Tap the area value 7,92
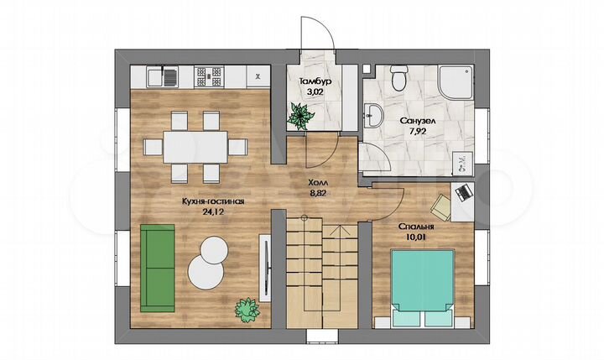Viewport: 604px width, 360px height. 418,132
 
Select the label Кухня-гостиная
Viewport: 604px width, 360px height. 213,201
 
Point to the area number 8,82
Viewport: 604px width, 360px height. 318,194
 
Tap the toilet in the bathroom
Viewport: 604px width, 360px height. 398,77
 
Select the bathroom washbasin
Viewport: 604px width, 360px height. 372,115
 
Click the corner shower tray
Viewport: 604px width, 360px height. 455,82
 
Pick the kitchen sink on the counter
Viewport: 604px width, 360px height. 162,76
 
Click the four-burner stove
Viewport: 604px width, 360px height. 209,76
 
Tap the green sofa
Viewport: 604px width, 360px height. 157,268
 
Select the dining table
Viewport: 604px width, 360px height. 195,147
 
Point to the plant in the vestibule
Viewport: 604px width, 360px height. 301,115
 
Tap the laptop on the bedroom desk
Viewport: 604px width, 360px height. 463,191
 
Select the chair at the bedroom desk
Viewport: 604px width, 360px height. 440,207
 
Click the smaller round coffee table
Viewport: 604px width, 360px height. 214,249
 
